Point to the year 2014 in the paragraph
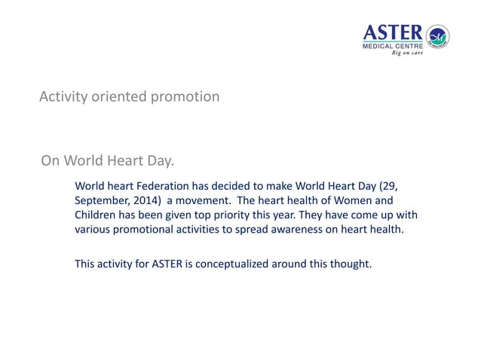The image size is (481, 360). click(142, 201)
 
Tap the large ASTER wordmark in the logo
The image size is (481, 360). click(394, 32)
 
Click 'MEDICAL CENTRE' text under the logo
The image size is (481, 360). click(393, 46)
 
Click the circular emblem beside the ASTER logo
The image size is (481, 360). click(437, 36)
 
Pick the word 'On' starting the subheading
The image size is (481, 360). click(50, 160)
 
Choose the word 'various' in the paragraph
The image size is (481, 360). click(92, 230)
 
